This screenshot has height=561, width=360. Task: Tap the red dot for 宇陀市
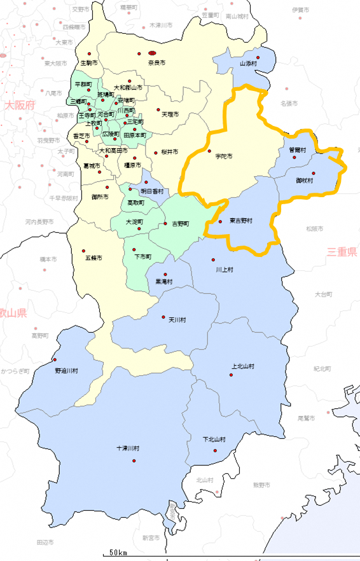tap(209, 151)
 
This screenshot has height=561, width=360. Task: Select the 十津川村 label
tap(127, 448)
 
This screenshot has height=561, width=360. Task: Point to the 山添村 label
tap(249, 64)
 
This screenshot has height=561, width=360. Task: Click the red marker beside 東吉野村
tap(220, 221)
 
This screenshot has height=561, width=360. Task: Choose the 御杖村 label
tap(305, 180)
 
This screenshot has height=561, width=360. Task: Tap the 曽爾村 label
tap(297, 150)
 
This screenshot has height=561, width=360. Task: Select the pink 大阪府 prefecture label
tap(19, 106)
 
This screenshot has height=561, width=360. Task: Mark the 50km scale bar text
tap(118, 551)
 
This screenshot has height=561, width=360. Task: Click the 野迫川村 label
tap(66, 370)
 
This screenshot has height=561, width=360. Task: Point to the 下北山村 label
tap(214, 439)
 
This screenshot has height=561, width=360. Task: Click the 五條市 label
tap(93, 258)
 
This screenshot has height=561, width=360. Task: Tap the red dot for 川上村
tap(213, 260)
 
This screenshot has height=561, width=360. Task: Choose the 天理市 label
tap(170, 114)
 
